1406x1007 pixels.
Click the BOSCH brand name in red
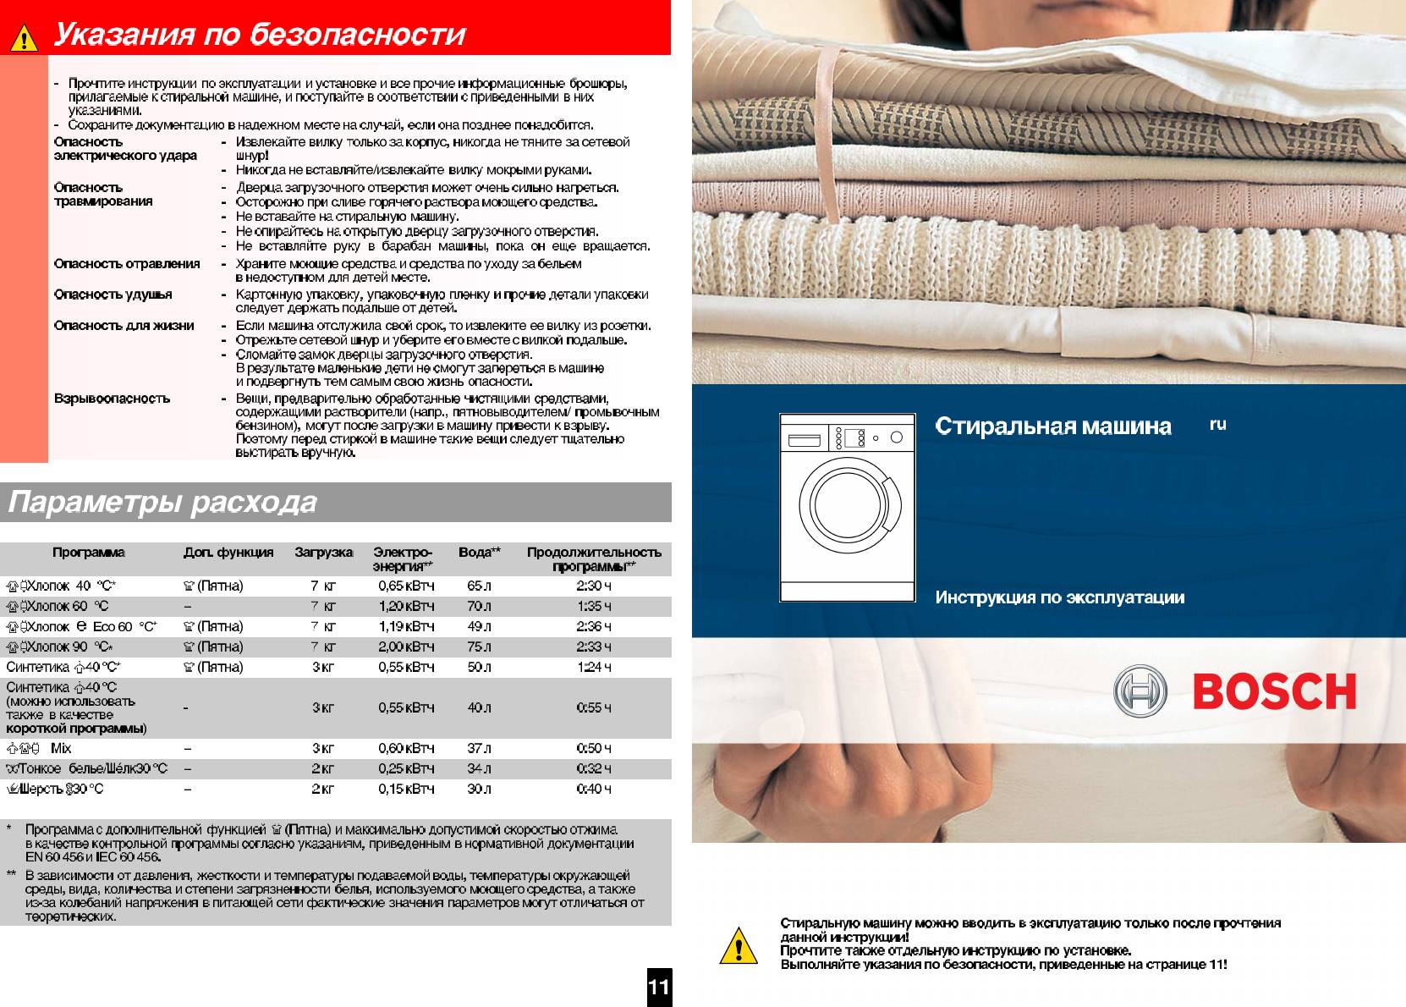[x=1274, y=692]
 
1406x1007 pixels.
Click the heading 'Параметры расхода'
[x=162, y=503]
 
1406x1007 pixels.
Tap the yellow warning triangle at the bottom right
[x=738, y=946]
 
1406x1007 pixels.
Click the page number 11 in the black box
[x=659, y=987]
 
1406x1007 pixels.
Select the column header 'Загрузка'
[x=323, y=553]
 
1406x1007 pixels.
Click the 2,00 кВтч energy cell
[x=406, y=647]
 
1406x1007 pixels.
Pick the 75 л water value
[x=479, y=647]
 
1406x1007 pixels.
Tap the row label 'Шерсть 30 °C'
[x=63, y=789]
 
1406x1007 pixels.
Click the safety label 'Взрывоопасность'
[x=112, y=398]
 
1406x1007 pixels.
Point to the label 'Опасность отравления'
[x=127, y=263]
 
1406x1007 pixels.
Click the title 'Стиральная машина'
[x=1053, y=426]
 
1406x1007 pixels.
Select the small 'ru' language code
[x=1217, y=425]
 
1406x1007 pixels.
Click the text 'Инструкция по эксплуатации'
[x=1059, y=597]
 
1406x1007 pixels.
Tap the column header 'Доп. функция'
[x=228, y=553]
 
